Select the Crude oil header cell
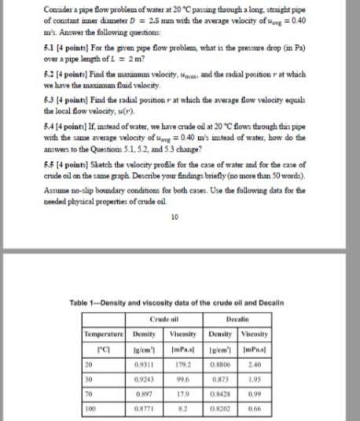(163, 320)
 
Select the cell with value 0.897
(145, 392)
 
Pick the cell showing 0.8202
(227, 408)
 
